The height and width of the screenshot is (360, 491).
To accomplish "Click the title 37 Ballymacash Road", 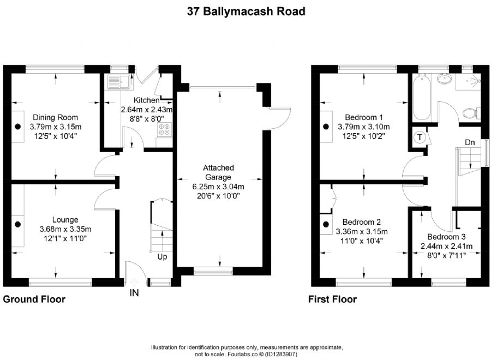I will pos(245,10).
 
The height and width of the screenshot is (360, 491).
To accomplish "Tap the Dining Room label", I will pos(55,117).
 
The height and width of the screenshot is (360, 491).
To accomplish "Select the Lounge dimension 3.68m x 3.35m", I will pos(65,229).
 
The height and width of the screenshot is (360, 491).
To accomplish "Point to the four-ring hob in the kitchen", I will pos(164,130).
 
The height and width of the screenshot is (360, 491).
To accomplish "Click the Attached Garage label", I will pos(218,172).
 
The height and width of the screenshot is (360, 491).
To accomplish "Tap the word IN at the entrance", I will pos(134,293).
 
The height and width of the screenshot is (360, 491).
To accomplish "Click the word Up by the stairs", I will pos(163,256).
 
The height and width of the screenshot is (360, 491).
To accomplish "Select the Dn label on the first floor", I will pos(469,142).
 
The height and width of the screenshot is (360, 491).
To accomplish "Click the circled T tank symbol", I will pos(420,137).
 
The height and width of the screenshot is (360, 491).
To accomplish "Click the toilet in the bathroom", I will pos(469,113).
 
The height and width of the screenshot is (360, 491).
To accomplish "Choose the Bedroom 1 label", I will pos(364,117).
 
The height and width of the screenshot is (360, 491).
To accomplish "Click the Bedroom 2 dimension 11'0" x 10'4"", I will pos(362,239).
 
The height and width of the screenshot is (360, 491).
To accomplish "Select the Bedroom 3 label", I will pos(446,237).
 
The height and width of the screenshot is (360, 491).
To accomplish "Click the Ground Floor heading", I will pos(34,299).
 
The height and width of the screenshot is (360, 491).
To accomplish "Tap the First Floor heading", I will pos(332,299).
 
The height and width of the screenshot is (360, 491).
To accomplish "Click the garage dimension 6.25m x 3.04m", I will pos(218,186).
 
